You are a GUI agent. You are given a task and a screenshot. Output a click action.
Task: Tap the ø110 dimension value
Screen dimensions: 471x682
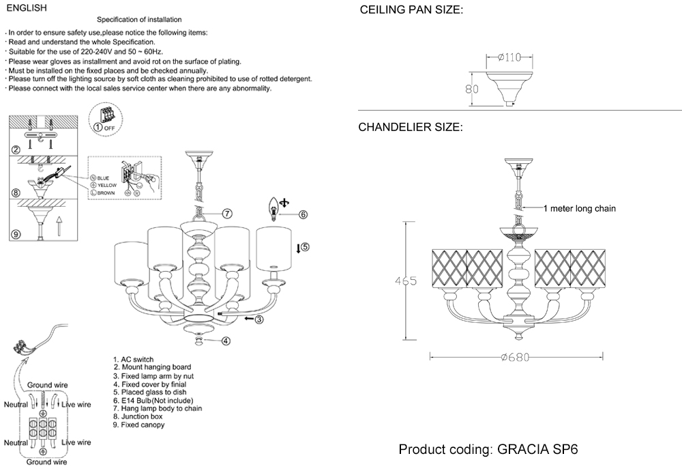point(508,57)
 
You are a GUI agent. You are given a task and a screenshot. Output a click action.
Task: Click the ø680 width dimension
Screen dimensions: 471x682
point(516,357)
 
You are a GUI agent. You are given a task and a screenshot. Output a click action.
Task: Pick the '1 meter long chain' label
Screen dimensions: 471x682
point(579,210)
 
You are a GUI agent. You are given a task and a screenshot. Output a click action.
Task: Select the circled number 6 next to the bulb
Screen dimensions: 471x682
point(303,214)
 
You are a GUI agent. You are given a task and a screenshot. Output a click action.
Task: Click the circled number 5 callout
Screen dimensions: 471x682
point(305,247)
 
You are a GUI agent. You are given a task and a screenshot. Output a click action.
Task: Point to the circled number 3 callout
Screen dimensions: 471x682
point(259,319)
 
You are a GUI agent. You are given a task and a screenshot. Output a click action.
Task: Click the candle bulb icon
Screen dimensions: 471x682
point(275,205)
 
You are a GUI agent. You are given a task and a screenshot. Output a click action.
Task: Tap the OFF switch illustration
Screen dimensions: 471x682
point(105,116)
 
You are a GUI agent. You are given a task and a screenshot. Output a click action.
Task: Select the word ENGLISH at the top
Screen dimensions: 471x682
point(25,8)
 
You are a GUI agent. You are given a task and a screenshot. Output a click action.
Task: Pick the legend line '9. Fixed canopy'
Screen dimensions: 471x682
point(138,425)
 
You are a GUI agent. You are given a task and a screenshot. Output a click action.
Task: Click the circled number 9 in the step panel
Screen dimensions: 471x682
point(16,234)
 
